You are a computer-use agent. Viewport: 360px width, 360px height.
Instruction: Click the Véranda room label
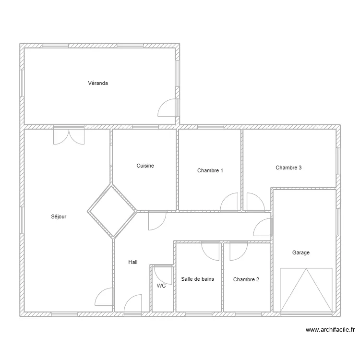[x=98, y=83]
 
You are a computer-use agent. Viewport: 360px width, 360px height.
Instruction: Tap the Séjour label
[x=59, y=216]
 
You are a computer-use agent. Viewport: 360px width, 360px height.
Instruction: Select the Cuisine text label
[x=145, y=166]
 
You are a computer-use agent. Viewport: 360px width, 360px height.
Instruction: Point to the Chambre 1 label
[x=210, y=170]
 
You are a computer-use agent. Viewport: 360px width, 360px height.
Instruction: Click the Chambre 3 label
[x=288, y=168]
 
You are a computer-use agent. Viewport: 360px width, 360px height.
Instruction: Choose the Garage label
[x=301, y=252]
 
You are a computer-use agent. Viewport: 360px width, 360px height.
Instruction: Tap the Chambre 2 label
[x=246, y=279]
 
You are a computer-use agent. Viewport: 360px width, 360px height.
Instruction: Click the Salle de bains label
[x=197, y=279]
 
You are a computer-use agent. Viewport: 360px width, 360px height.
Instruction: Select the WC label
[x=161, y=286]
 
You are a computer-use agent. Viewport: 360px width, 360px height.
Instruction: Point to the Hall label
[x=132, y=262]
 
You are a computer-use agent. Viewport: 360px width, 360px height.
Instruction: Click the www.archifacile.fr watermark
[x=330, y=330]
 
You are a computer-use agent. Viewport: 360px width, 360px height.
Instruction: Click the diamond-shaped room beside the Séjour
[x=112, y=212]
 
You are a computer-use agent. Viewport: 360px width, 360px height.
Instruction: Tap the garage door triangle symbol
[x=306, y=290]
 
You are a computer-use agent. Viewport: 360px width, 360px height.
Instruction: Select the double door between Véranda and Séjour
[x=69, y=137]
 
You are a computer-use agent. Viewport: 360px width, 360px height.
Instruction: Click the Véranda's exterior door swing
[x=167, y=108]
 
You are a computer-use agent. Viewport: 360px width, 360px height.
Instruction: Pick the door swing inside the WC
[x=163, y=276]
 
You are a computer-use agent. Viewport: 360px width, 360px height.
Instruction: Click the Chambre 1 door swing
[x=229, y=202]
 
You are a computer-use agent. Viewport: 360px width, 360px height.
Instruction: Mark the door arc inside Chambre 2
[x=239, y=252]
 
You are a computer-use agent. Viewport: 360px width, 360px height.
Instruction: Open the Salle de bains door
[x=210, y=252]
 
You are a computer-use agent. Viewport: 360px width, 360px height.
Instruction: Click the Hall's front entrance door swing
[x=132, y=303]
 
